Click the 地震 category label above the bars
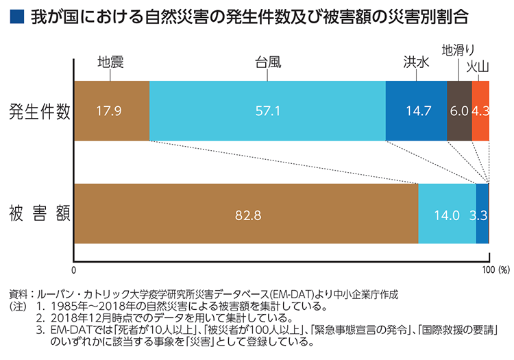coord(110,62)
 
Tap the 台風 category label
coord(266,62)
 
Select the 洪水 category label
coord(416,62)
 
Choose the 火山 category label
coord(478,66)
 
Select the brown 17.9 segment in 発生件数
coord(110,111)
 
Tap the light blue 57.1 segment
coord(267,111)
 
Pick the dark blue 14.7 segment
coord(416,111)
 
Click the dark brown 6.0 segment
coord(459,111)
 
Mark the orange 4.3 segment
coord(480,111)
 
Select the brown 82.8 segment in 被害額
coord(247,214)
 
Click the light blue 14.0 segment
coord(447,214)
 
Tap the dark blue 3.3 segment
coord(482,214)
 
